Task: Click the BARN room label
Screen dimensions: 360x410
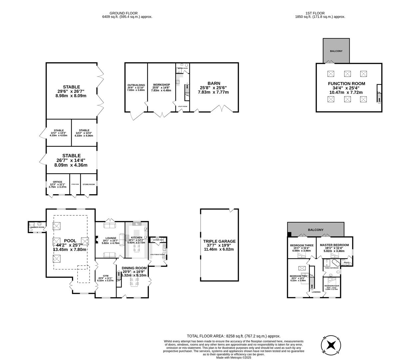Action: (213, 83)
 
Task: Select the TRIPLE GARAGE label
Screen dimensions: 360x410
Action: (219, 241)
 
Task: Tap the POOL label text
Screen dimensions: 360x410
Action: (70, 241)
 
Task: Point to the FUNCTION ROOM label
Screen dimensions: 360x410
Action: (346, 84)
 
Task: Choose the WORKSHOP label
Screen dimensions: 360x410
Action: (161, 85)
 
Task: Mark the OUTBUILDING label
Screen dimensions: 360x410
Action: (136, 85)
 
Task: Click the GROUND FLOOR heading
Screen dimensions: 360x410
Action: (127, 13)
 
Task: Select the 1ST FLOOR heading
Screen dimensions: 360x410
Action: (320, 13)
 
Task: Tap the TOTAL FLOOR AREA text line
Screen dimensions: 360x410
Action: (233, 336)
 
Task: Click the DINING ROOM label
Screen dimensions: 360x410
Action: (134, 268)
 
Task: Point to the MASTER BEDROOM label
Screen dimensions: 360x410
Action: (334, 245)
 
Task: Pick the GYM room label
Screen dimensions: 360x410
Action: (106, 276)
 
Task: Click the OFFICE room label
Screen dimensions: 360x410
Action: (58, 182)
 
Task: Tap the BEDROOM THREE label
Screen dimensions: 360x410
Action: (301, 245)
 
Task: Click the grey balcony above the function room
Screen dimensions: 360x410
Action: (336, 51)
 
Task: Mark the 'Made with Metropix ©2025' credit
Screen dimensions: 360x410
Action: (233, 358)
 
